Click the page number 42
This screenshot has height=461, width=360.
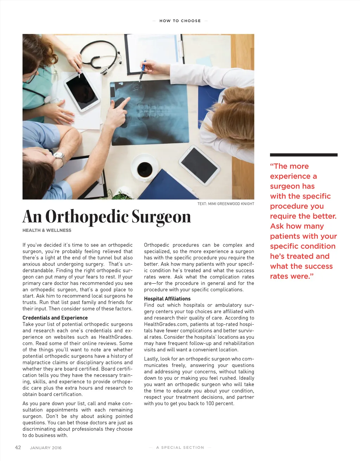18,447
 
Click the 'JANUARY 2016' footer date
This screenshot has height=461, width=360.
46,448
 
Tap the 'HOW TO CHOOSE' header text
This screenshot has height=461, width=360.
180,21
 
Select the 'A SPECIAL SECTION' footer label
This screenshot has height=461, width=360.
180,447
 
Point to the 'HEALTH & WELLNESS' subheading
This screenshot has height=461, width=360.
47,230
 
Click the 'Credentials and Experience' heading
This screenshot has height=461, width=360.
55,318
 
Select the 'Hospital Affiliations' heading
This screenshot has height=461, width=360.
167,299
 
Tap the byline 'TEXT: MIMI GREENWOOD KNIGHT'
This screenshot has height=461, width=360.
226,204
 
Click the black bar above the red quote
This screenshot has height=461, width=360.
303,155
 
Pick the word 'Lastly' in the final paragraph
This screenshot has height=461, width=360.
151,359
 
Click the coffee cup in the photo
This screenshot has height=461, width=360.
144,169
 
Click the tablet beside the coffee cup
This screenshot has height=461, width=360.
199,165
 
